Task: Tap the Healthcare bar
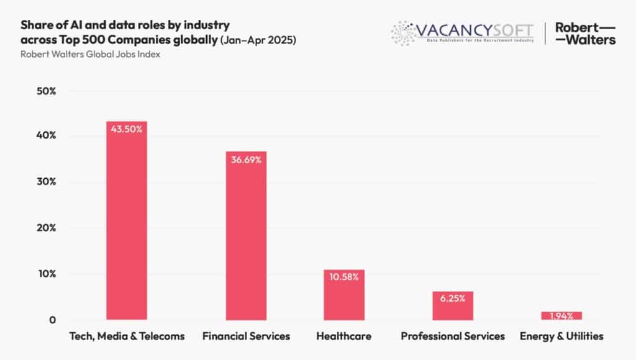click(343, 295)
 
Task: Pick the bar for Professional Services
click(453, 305)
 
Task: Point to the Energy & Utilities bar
click(561, 316)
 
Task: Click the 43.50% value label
click(127, 129)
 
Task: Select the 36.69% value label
click(246, 160)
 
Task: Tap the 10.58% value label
click(343, 277)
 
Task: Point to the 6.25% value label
click(453, 299)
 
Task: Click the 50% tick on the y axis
click(45, 91)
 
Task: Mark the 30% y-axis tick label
click(45, 182)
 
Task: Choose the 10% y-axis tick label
click(45, 274)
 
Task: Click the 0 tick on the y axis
click(52, 320)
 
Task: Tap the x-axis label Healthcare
click(343, 336)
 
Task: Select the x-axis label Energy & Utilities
click(561, 336)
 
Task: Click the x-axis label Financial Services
click(246, 336)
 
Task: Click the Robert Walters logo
click(585, 34)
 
